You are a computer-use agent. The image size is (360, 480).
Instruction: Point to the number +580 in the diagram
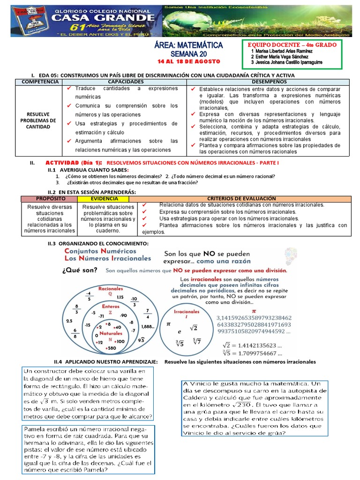coord(111,348)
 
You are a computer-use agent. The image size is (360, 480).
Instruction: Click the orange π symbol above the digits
coord(255,310)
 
